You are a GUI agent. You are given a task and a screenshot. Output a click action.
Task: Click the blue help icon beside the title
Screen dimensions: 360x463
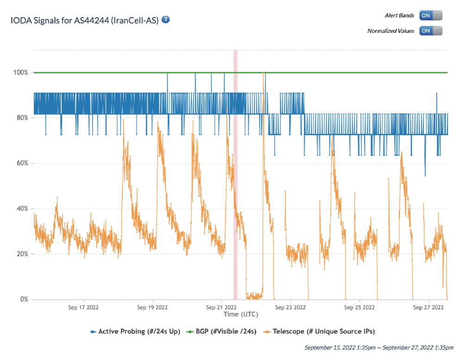(x=166, y=20)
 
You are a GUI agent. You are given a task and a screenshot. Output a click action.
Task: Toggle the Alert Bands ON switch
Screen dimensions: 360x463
(x=431, y=15)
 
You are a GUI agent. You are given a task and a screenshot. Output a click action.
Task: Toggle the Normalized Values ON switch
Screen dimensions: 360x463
(x=431, y=31)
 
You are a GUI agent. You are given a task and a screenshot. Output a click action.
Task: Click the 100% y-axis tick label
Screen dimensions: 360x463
(x=21, y=73)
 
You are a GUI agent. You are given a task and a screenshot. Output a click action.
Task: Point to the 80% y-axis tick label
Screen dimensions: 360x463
(x=22, y=118)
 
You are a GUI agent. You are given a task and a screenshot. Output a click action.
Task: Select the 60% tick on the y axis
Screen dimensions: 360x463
(x=22, y=163)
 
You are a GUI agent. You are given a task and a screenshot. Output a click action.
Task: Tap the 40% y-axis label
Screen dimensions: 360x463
(x=22, y=209)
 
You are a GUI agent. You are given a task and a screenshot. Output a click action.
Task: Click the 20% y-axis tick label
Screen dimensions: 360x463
(x=22, y=254)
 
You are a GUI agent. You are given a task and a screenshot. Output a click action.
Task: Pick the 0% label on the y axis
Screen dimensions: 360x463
(x=24, y=299)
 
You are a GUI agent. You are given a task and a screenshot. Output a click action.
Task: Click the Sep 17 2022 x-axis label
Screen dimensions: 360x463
(x=83, y=307)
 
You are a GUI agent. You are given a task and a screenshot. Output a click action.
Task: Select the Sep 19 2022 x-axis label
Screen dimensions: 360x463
(x=152, y=307)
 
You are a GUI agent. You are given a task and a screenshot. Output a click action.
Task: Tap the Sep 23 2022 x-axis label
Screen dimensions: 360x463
(x=290, y=307)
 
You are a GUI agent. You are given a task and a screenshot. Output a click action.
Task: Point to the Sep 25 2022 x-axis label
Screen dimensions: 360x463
(x=359, y=307)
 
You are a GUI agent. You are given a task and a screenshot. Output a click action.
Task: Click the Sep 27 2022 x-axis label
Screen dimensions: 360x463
(x=428, y=307)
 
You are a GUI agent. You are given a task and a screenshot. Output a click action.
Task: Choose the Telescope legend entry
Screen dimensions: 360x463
(x=319, y=331)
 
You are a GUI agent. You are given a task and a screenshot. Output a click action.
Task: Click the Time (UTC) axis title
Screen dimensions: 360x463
(x=241, y=314)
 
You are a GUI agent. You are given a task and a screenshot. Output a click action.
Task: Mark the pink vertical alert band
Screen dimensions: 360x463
(x=235, y=185)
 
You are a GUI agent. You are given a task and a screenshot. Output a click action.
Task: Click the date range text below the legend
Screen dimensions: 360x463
(x=379, y=347)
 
